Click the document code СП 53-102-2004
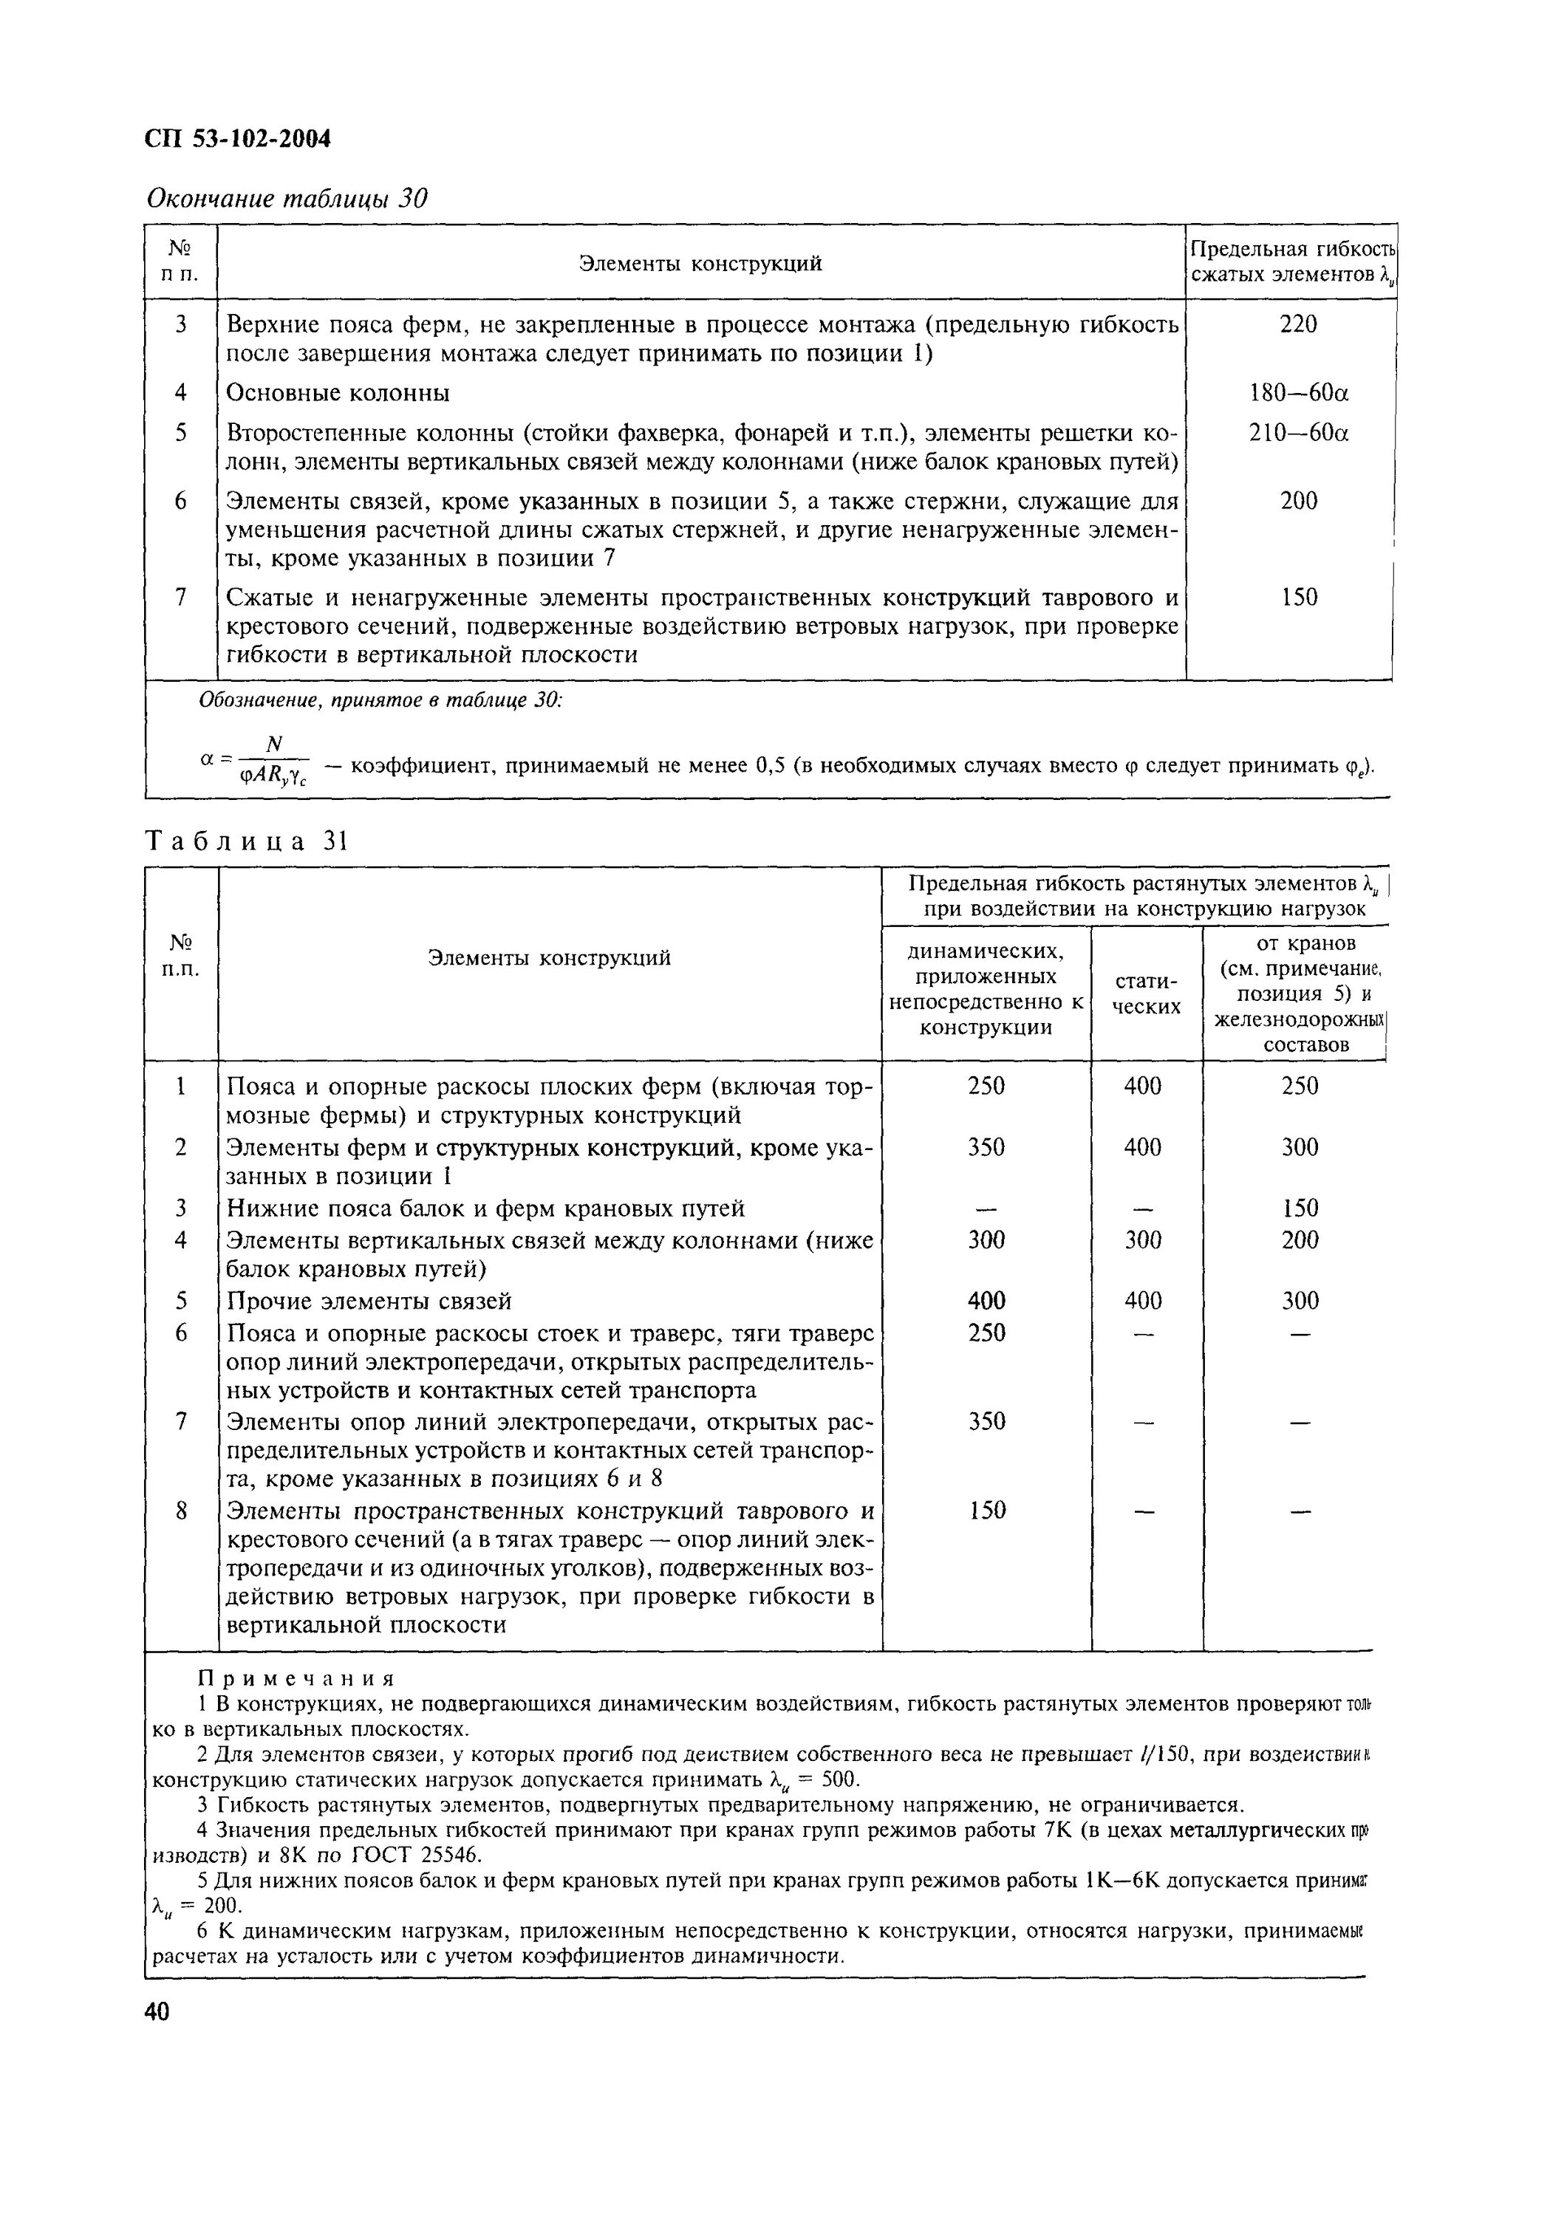pos(237,140)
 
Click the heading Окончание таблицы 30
pos(286,199)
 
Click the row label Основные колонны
pos(337,394)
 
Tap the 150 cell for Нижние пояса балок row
pos(1299,1208)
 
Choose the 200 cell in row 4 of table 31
pos(1299,1239)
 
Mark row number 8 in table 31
pos(180,1511)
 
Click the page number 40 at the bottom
pos(157,2011)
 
